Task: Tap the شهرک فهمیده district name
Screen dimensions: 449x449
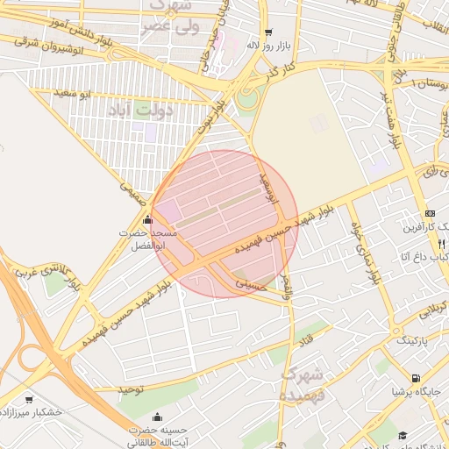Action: [302, 384]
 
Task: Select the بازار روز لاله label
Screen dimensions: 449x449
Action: [269, 45]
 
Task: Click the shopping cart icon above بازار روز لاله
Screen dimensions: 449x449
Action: [269, 32]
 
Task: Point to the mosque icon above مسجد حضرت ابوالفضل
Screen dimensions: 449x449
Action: [146, 219]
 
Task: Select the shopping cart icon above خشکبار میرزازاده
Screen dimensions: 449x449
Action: [29, 398]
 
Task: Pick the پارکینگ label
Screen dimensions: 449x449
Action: [413, 338]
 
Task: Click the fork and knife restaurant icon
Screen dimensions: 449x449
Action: [441, 243]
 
